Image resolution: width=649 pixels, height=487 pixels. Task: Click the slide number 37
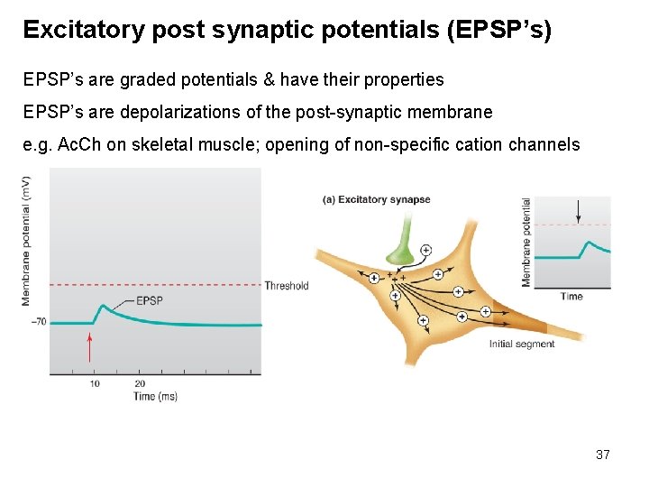(x=603, y=455)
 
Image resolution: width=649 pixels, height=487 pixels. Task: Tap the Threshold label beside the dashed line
(x=287, y=286)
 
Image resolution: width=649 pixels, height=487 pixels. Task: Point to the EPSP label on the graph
(x=150, y=300)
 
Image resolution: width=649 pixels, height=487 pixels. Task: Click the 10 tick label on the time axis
(x=95, y=383)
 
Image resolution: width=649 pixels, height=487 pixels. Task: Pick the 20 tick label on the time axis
(x=140, y=383)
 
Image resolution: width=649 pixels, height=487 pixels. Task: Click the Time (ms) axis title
(x=155, y=397)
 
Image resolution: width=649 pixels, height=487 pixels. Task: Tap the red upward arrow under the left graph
(x=89, y=348)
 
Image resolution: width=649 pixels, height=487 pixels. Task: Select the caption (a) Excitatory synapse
(x=376, y=200)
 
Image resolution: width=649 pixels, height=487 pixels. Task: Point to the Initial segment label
(x=522, y=344)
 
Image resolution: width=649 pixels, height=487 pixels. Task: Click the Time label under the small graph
(x=571, y=297)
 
